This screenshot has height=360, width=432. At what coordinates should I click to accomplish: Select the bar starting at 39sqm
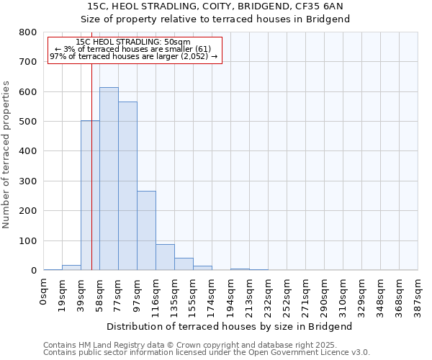coord(90,195)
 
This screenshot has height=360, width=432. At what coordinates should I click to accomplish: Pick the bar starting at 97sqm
coord(146,230)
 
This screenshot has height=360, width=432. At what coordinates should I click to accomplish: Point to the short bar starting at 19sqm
coord(71,267)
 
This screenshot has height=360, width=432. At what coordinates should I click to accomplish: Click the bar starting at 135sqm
coord(184,264)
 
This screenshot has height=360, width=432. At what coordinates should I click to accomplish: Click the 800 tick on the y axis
coord(28,32)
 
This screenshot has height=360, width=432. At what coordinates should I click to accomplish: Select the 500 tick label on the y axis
coord(28,122)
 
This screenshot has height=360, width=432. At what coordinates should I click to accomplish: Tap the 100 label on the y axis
coord(28,241)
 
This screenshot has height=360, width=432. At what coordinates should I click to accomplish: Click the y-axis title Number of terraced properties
coord(6,155)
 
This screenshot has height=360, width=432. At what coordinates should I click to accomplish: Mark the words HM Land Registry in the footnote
coord(111,345)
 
